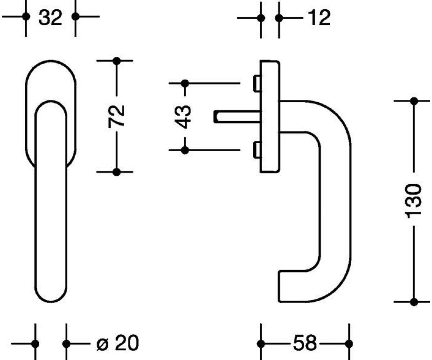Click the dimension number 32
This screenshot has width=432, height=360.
[x=50, y=18]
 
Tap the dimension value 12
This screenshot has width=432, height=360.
[x=319, y=18]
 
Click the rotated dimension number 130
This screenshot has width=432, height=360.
[x=414, y=201]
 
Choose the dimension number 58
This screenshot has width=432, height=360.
[x=305, y=344]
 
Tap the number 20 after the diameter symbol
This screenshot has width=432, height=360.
[x=127, y=343]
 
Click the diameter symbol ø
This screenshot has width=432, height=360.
[x=103, y=345]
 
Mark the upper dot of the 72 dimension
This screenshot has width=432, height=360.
[x=117, y=61]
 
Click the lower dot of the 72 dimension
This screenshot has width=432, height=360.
[x=117, y=172]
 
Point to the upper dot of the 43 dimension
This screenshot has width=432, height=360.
[x=185, y=84]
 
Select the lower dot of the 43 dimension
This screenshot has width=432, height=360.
[x=185, y=150]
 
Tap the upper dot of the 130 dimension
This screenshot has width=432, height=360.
[x=414, y=101]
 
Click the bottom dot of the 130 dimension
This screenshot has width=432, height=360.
[x=414, y=302]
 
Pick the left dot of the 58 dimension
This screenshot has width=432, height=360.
[x=261, y=344]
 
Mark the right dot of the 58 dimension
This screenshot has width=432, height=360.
[x=349, y=344]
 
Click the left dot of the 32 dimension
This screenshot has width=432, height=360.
[x=26, y=17]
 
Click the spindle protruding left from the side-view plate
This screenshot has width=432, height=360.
[x=237, y=117]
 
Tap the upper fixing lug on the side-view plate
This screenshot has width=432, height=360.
[x=257, y=83]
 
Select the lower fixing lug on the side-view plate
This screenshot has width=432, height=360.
[x=257, y=150]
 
